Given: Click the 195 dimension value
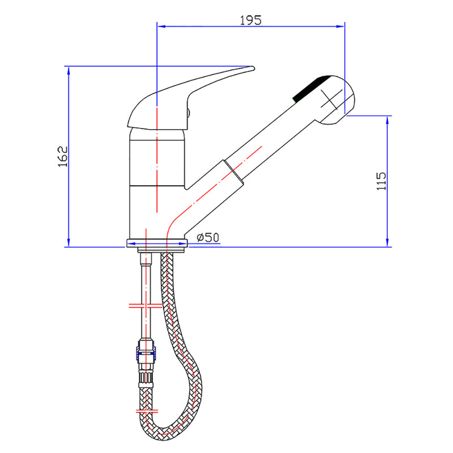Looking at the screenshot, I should [x=250, y=20].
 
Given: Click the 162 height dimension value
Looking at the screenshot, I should [x=63, y=157].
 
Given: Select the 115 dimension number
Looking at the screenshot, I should [x=381, y=181].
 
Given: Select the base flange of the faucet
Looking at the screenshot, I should [x=156, y=244].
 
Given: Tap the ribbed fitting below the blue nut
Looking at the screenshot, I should [x=146, y=378].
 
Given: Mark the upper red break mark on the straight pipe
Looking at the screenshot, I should [x=146, y=306].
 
